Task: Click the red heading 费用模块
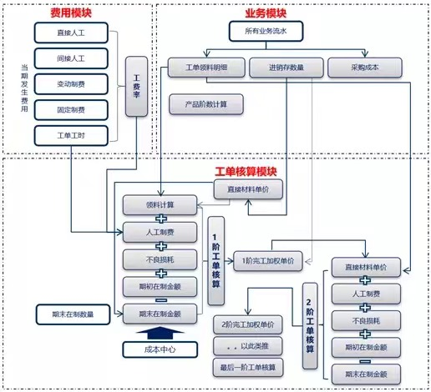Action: pyautogui.click(x=71, y=13)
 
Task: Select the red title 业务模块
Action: pyautogui.click(x=266, y=13)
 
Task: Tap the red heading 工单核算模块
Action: pyautogui.click(x=246, y=172)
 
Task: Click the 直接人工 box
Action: pyautogui.click(x=71, y=33)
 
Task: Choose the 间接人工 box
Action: pyautogui.click(x=71, y=58)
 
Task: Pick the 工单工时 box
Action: pyautogui.click(x=71, y=136)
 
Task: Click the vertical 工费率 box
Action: pyautogui.click(x=136, y=87)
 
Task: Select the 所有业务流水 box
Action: pyautogui.click(x=266, y=31)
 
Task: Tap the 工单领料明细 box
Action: pyautogui.click(x=206, y=68)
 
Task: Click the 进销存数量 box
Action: pyautogui.click(x=286, y=68)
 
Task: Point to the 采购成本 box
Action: pyautogui.click(x=365, y=68)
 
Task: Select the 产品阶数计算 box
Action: pyautogui.click(x=206, y=104)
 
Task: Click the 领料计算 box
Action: pyautogui.click(x=160, y=205)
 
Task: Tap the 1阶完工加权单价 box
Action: pyautogui.click(x=268, y=261)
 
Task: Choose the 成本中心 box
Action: pyautogui.click(x=160, y=349)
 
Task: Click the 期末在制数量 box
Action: pyautogui.click(x=73, y=314)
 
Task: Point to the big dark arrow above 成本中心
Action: pyautogui.click(x=160, y=333)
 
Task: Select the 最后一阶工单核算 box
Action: pyautogui.click(x=248, y=368)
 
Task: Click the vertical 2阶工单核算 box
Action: pyautogui.click(x=310, y=326)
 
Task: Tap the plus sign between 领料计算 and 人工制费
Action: pyautogui.click(x=161, y=219)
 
